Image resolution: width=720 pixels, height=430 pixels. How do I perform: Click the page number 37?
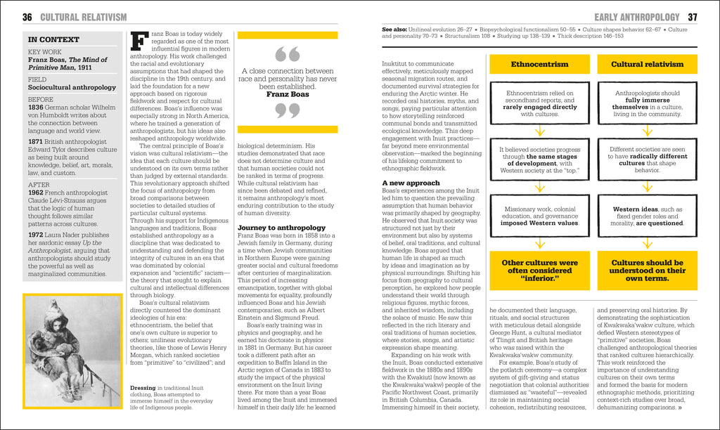[692, 17]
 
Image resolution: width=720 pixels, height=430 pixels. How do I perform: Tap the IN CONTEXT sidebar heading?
[53, 40]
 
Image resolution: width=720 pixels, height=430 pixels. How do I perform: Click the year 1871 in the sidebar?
[38, 142]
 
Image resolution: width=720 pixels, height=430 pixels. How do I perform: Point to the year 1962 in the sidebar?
[38, 193]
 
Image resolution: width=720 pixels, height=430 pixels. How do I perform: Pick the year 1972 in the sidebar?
[38, 235]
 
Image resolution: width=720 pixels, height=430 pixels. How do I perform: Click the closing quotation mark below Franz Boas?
[287, 110]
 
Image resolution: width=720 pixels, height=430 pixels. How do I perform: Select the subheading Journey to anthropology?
[281, 228]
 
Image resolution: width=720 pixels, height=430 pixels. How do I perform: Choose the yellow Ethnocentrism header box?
[539, 64]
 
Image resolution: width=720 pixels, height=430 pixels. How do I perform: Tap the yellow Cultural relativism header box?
[647, 64]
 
